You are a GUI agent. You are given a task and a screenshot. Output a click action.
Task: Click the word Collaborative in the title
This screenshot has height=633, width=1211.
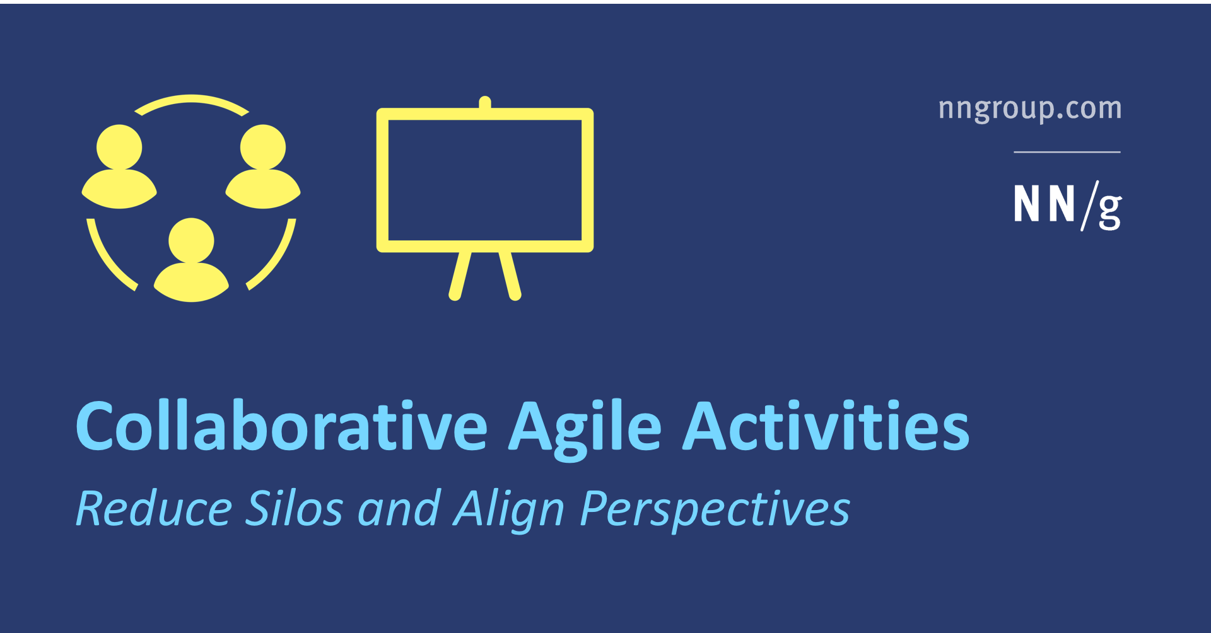(281, 427)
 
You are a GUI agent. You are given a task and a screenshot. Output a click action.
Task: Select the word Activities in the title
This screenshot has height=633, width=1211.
(826, 427)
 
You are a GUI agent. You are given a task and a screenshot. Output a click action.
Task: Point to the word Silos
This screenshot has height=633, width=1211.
(294, 508)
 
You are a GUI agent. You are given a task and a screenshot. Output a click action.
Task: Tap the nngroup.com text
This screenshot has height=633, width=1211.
(1030, 109)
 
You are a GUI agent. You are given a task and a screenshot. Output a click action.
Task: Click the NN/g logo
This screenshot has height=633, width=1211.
(1067, 205)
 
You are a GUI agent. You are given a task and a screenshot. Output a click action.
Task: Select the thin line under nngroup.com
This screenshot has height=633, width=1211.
(1067, 152)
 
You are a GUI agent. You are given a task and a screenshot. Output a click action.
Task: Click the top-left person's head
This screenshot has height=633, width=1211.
(119, 147)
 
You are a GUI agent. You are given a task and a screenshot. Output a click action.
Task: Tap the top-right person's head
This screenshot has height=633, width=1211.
(263, 147)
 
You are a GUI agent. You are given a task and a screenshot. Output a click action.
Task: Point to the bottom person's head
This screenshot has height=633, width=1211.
(191, 240)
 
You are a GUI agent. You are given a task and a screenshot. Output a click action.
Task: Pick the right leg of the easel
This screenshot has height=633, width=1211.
(510, 276)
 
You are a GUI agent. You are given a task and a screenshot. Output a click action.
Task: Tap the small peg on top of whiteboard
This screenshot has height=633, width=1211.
(485, 102)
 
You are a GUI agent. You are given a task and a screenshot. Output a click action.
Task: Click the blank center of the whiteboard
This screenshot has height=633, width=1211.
(484, 180)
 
